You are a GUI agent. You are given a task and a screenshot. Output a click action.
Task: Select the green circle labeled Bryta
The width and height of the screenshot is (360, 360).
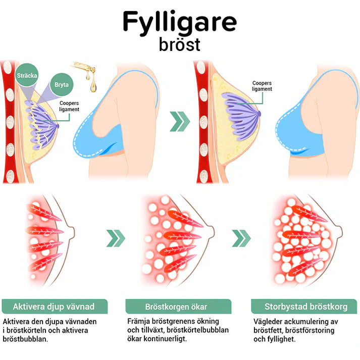tap(61, 85)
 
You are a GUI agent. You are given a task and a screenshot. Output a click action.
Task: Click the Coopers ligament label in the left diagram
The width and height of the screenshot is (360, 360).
tap(69, 106)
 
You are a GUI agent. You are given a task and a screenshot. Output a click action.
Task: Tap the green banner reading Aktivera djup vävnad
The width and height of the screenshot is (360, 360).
tap(55, 306)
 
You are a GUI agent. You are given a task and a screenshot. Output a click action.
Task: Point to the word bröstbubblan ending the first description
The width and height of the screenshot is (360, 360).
tap(28, 339)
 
